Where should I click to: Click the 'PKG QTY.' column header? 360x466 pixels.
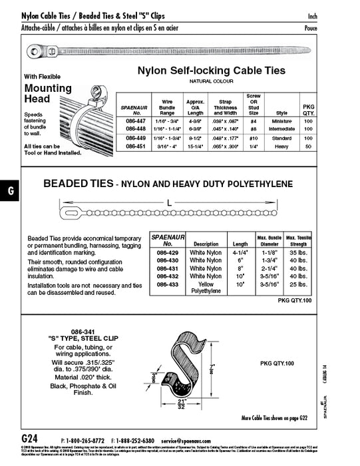coord(308,109)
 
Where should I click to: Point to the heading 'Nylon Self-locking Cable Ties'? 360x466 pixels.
coord(211,70)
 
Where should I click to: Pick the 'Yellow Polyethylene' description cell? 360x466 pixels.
coord(205,288)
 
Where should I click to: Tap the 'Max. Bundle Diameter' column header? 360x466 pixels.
coord(268,240)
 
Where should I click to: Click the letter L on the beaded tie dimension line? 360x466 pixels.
coord(170,202)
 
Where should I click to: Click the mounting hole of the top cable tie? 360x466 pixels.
coord(33,50)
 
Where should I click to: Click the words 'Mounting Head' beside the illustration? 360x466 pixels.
coord(48,93)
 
